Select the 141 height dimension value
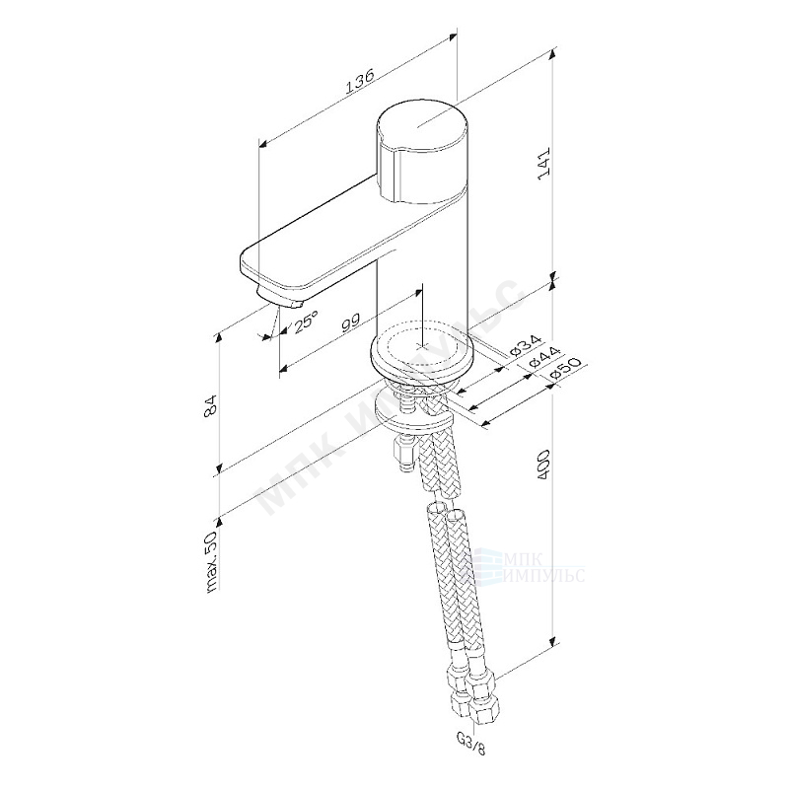click(541, 162)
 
